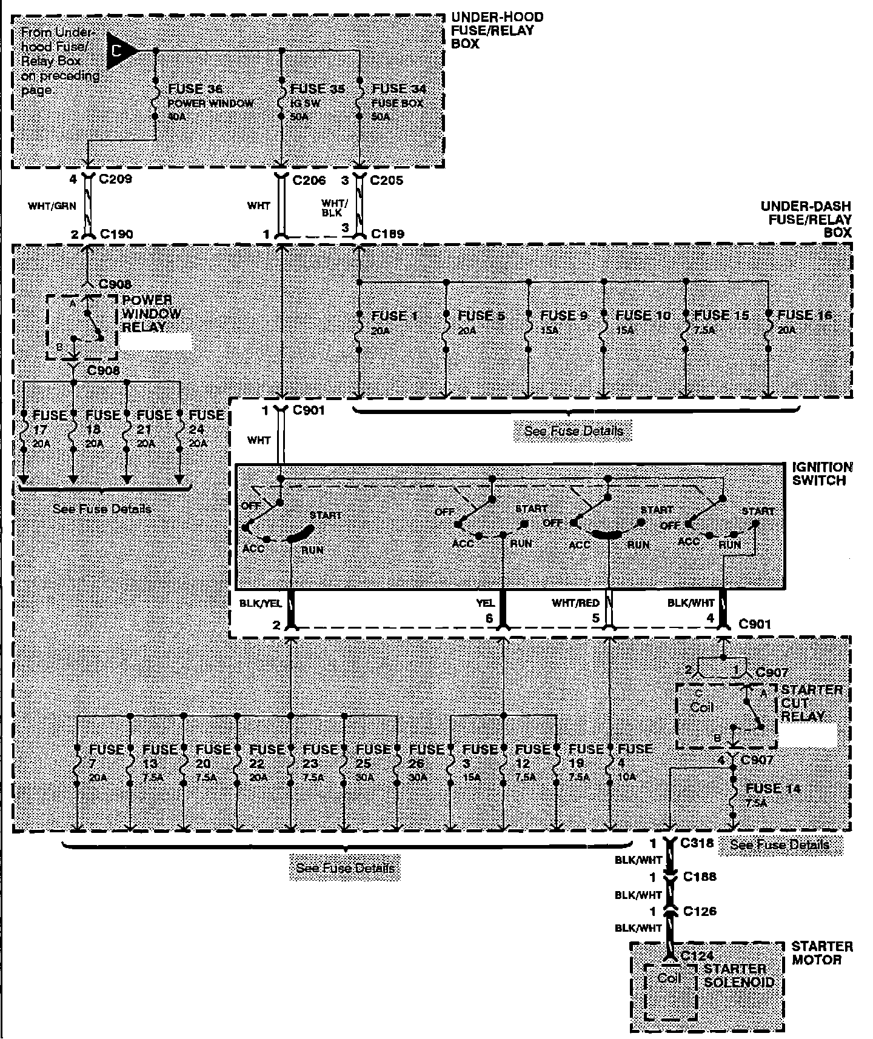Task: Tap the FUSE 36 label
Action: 195,89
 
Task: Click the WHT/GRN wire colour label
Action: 52,206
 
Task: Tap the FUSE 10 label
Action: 643,316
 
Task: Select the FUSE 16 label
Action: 804,315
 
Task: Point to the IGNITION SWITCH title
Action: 821,473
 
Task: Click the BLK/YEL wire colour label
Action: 261,604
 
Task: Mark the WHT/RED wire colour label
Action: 575,603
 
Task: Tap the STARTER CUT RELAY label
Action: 811,703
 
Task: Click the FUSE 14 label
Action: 773,789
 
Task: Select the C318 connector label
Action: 698,843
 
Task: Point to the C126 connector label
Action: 699,911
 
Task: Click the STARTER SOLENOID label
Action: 738,975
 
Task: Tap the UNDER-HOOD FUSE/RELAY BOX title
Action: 497,30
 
